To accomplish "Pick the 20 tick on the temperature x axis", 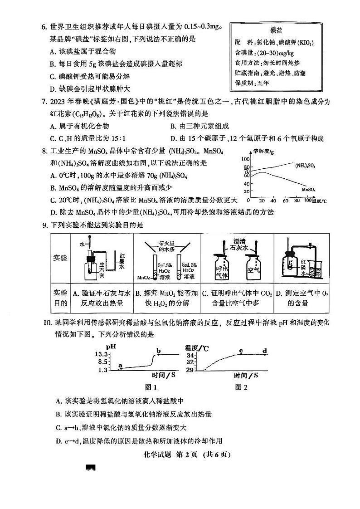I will (x=262, y=200).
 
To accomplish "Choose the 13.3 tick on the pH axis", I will (x=101, y=354).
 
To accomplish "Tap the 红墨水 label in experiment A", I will (x=122, y=261).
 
